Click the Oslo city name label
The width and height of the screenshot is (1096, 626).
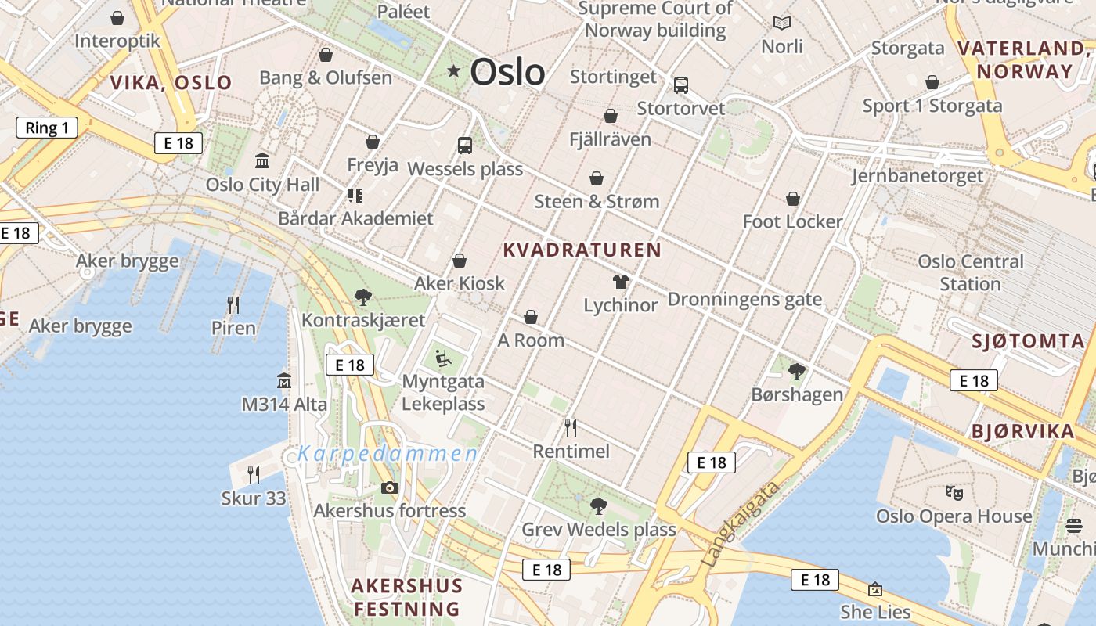[507, 72]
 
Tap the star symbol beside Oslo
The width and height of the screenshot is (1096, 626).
[454, 71]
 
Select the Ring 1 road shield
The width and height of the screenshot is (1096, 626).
[47, 128]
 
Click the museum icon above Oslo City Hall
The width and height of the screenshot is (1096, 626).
[262, 161]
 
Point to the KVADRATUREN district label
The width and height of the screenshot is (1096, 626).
[582, 250]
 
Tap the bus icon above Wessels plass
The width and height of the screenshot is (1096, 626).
[465, 145]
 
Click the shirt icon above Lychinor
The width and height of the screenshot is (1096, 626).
[621, 282]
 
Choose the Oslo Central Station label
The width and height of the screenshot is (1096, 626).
[971, 272]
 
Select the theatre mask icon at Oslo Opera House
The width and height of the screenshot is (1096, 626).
[954, 493]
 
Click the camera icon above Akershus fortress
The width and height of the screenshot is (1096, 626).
[389, 488]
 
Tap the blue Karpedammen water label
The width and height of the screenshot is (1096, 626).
[388, 454]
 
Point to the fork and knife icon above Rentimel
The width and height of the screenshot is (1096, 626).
[571, 428]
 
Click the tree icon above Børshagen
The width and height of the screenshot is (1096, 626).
[797, 371]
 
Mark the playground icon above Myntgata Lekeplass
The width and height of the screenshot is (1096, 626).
[443, 359]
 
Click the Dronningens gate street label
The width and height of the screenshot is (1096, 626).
[744, 299]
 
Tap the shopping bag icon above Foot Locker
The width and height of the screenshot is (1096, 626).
[793, 199]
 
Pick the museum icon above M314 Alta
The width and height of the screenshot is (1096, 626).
[284, 381]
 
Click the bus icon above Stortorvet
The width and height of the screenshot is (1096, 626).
[681, 85]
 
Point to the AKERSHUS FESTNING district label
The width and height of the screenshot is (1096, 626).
[406, 597]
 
